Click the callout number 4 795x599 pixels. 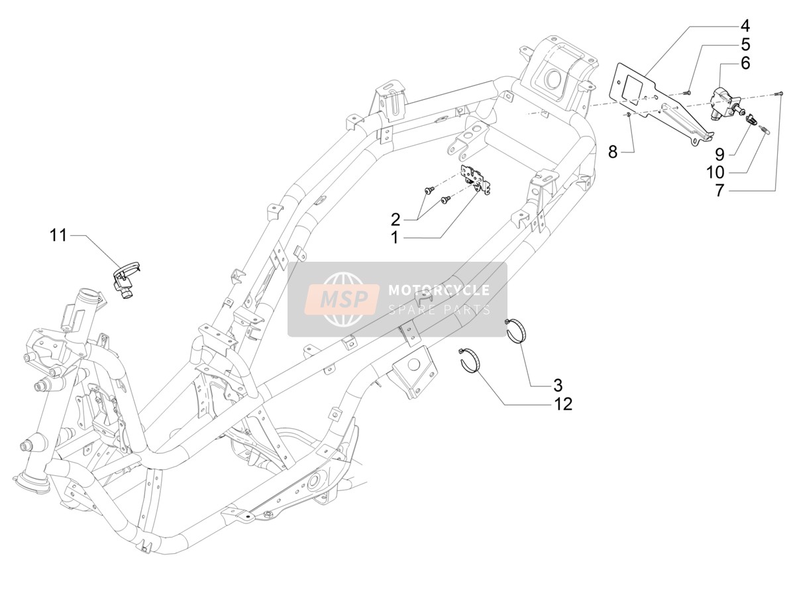click(x=745, y=27)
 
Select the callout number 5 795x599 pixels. click(x=745, y=45)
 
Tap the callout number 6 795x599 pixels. click(x=745, y=64)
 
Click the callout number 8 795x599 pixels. click(x=612, y=152)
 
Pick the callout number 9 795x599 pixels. click(x=719, y=154)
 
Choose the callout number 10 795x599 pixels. click(x=715, y=173)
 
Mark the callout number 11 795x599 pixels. click(x=58, y=235)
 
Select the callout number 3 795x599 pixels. click(x=558, y=385)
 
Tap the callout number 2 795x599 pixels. click(x=395, y=219)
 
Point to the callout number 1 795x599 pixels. click(x=394, y=238)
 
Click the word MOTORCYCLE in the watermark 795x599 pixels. click(x=439, y=290)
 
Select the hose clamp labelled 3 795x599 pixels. click(x=515, y=329)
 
